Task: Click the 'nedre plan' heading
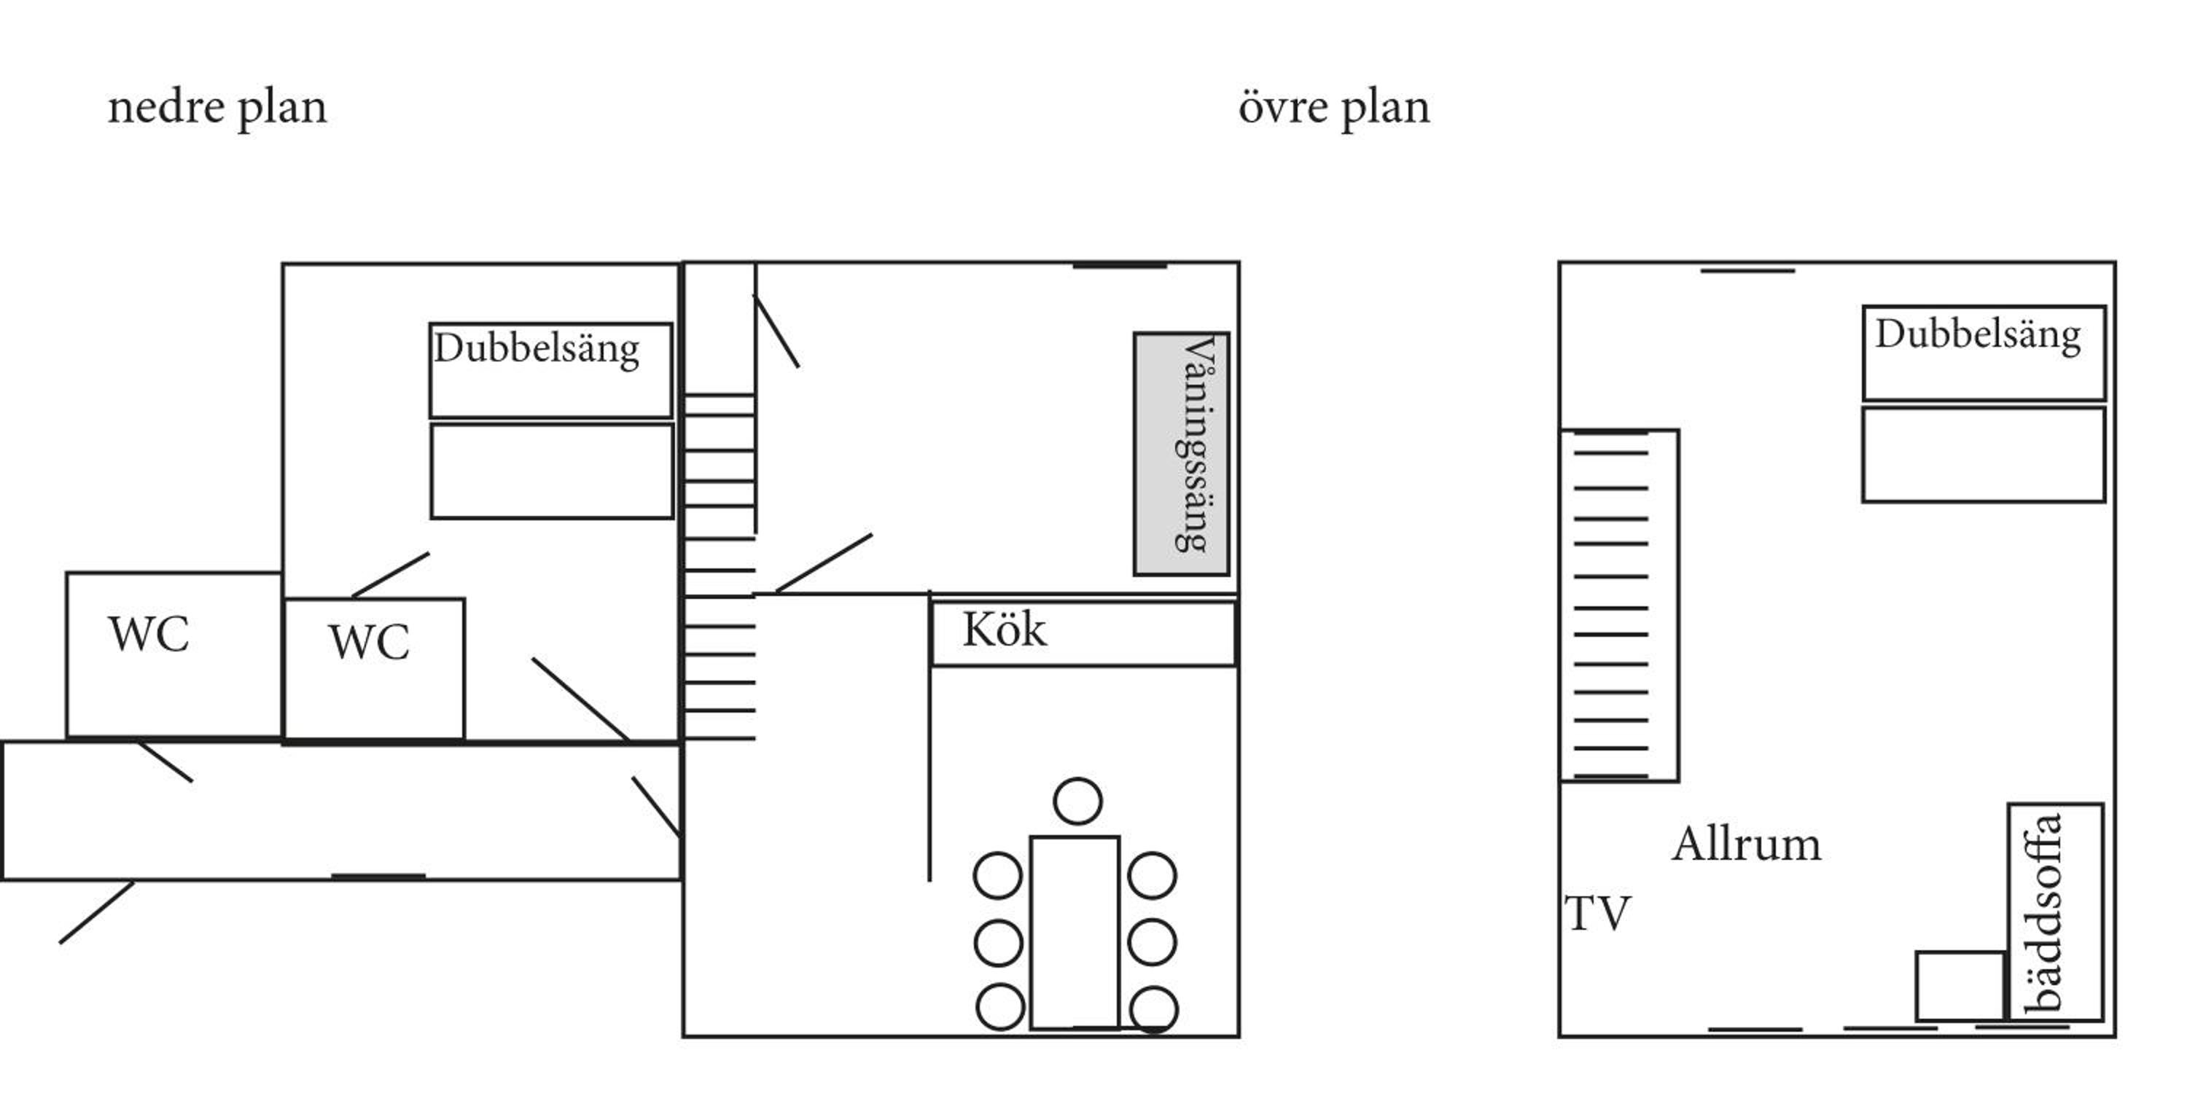(217, 109)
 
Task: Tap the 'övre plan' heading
(1334, 109)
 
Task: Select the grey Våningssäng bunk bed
(1182, 454)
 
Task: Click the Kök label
(1005, 630)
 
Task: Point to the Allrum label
(1747, 845)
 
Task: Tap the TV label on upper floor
(1597, 914)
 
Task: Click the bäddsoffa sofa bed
(2055, 912)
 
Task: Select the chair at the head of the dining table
(1077, 801)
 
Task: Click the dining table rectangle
(1075, 933)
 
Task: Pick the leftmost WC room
(174, 655)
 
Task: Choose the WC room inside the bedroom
(373, 670)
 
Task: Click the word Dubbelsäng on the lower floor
(537, 348)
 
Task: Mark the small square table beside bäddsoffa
(1960, 986)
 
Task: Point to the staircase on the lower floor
(719, 567)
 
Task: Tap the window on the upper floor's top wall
(1747, 271)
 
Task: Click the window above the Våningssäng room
(1120, 267)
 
